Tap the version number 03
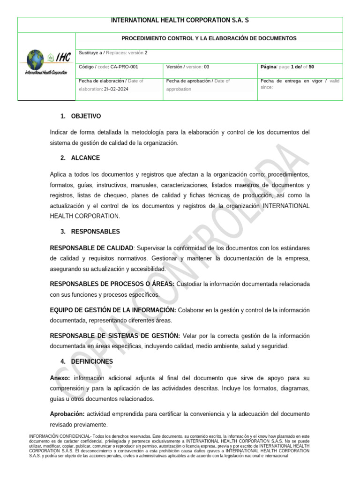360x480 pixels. pyautogui.click(x=207, y=67)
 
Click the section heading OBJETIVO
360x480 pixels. pyautogui.click(x=86, y=116)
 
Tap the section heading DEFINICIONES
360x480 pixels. pyautogui.click(x=92, y=361)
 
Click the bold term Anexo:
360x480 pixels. pyautogui.click(x=60, y=378)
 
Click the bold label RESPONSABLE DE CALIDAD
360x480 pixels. pyautogui.click(x=92, y=247)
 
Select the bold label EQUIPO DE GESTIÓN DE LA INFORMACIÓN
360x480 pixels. pyautogui.click(x=113, y=310)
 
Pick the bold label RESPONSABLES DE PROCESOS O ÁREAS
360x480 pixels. pyautogui.click(x=112, y=284)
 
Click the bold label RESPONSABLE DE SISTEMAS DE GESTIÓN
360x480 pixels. pyautogui.click(x=115, y=336)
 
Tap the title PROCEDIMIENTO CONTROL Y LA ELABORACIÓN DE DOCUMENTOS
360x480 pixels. pyautogui.click(x=209, y=38)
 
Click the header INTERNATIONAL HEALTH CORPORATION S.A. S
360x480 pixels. pyautogui.click(x=180, y=21)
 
